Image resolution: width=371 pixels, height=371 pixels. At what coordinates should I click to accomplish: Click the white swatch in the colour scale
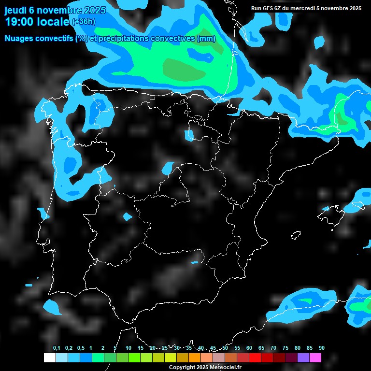tap(49, 357)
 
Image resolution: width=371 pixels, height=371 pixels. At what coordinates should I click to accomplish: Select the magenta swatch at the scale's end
tap(315, 357)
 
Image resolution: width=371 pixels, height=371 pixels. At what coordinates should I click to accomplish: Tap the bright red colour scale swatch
tap(255, 357)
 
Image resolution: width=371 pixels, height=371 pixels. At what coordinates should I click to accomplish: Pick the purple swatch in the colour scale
tap(303, 357)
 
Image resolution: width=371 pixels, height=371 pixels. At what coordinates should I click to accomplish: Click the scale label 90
tap(322, 348)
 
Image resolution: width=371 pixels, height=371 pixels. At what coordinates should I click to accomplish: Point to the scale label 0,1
tap(57, 348)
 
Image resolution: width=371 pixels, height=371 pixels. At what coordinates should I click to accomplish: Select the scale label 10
tap(128, 348)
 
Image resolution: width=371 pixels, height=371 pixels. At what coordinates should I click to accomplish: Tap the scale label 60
tap(249, 348)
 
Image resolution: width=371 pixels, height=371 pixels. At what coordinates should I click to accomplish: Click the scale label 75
tap(285, 348)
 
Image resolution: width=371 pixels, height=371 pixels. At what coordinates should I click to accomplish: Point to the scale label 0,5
tap(81, 348)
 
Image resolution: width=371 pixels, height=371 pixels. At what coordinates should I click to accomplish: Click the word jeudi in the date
tap(16, 11)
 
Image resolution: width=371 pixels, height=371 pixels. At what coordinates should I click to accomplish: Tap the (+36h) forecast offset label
tap(84, 22)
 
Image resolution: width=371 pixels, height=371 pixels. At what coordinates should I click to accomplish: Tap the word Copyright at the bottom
tap(182, 368)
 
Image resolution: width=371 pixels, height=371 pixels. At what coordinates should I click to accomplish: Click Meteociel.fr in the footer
tap(226, 368)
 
